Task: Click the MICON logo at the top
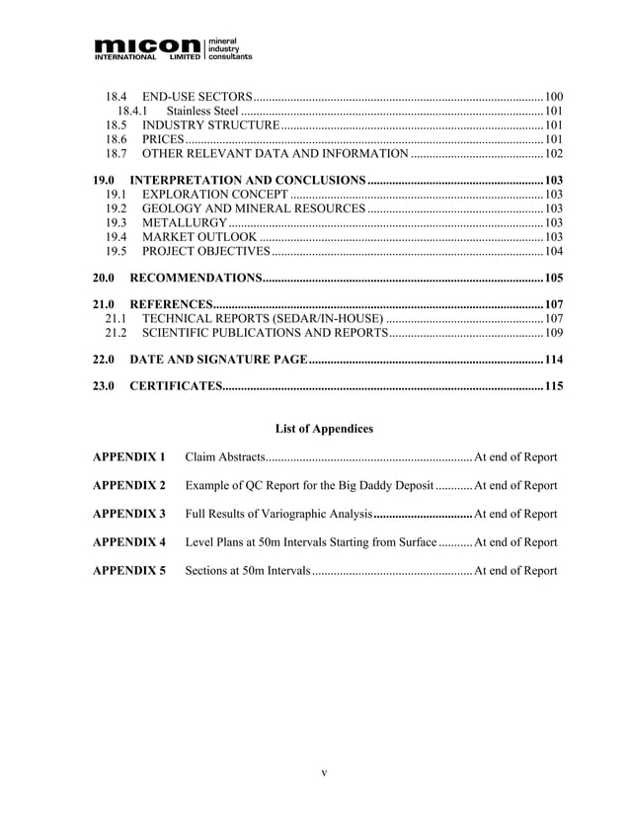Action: [173, 47]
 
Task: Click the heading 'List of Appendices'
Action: [324, 429]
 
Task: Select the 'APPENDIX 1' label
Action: [128, 457]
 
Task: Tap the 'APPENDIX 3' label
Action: [128, 514]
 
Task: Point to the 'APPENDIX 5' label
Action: [128, 571]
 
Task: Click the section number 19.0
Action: [104, 181]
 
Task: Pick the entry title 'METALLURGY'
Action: [185, 223]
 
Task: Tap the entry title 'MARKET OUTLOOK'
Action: [200, 237]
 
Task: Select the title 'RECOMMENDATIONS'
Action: [196, 278]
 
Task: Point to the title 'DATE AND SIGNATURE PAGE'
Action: [218, 359]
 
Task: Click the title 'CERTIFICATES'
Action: [175, 385]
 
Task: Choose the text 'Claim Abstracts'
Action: [225, 457]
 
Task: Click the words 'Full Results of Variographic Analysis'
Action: [278, 514]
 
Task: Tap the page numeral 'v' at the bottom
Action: [324, 773]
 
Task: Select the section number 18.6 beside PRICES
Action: [117, 140]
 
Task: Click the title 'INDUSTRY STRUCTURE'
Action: [211, 125]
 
